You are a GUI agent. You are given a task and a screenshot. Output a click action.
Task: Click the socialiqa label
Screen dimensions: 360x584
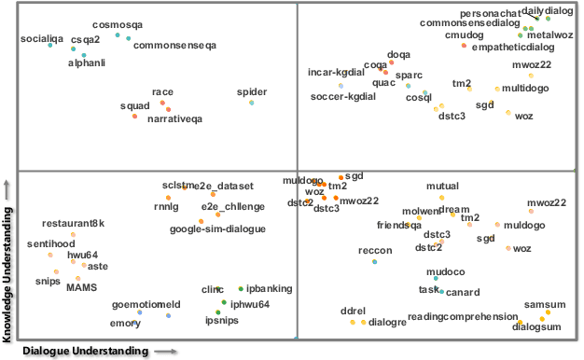(41, 38)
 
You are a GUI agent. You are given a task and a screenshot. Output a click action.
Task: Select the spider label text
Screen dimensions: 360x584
(252, 92)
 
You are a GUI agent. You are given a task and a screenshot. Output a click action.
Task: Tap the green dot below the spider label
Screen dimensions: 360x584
(251, 103)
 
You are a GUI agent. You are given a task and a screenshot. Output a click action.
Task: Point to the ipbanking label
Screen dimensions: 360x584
(264, 289)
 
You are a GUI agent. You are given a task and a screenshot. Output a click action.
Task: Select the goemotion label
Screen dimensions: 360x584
(132, 304)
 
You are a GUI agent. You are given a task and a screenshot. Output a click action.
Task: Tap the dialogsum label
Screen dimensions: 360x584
(538, 327)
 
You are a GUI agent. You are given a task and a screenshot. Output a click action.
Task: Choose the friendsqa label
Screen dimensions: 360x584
(399, 225)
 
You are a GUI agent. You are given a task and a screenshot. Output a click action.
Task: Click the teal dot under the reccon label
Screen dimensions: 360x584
(374, 262)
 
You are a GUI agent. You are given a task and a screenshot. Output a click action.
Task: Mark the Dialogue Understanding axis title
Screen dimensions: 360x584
(86, 351)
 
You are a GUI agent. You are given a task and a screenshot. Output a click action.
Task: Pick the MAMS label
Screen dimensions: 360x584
(82, 287)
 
